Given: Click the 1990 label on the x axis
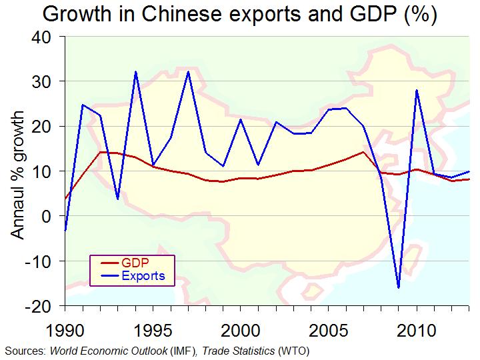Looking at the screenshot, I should click(x=65, y=331).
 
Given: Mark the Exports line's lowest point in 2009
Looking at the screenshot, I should click(x=398, y=288).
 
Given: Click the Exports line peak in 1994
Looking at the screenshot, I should click(x=136, y=72).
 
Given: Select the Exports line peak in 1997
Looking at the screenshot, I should click(x=189, y=72).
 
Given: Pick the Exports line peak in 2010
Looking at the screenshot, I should click(x=416, y=90).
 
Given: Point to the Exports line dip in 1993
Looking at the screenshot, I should click(x=118, y=199).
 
